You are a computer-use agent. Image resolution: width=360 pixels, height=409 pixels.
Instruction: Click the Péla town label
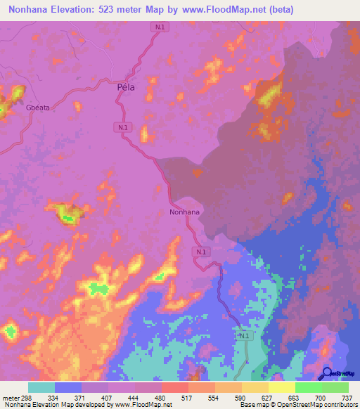click(x=125, y=88)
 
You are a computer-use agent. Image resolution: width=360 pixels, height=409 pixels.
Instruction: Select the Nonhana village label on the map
click(x=185, y=212)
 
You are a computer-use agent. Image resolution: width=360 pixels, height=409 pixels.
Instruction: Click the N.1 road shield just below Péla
click(x=123, y=126)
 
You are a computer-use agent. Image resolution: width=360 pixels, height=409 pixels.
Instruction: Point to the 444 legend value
click(x=135, y=397)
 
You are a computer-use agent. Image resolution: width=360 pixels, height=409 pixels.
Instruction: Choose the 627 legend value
click(x=268, y=397)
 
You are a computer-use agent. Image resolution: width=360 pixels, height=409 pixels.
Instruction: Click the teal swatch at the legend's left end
click(x=41, y=387)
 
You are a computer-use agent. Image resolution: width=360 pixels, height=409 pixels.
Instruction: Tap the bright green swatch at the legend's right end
click(x=335, y=387)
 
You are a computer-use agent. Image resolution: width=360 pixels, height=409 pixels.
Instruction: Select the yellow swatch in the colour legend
click(x=282, y=387)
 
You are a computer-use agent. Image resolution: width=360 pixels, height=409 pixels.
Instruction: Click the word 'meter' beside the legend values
click(x=10, y=397)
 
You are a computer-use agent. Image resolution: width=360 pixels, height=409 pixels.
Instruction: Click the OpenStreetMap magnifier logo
click(x=327, y=373)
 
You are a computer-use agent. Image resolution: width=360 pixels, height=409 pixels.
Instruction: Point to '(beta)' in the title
click(x=279, y=10)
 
